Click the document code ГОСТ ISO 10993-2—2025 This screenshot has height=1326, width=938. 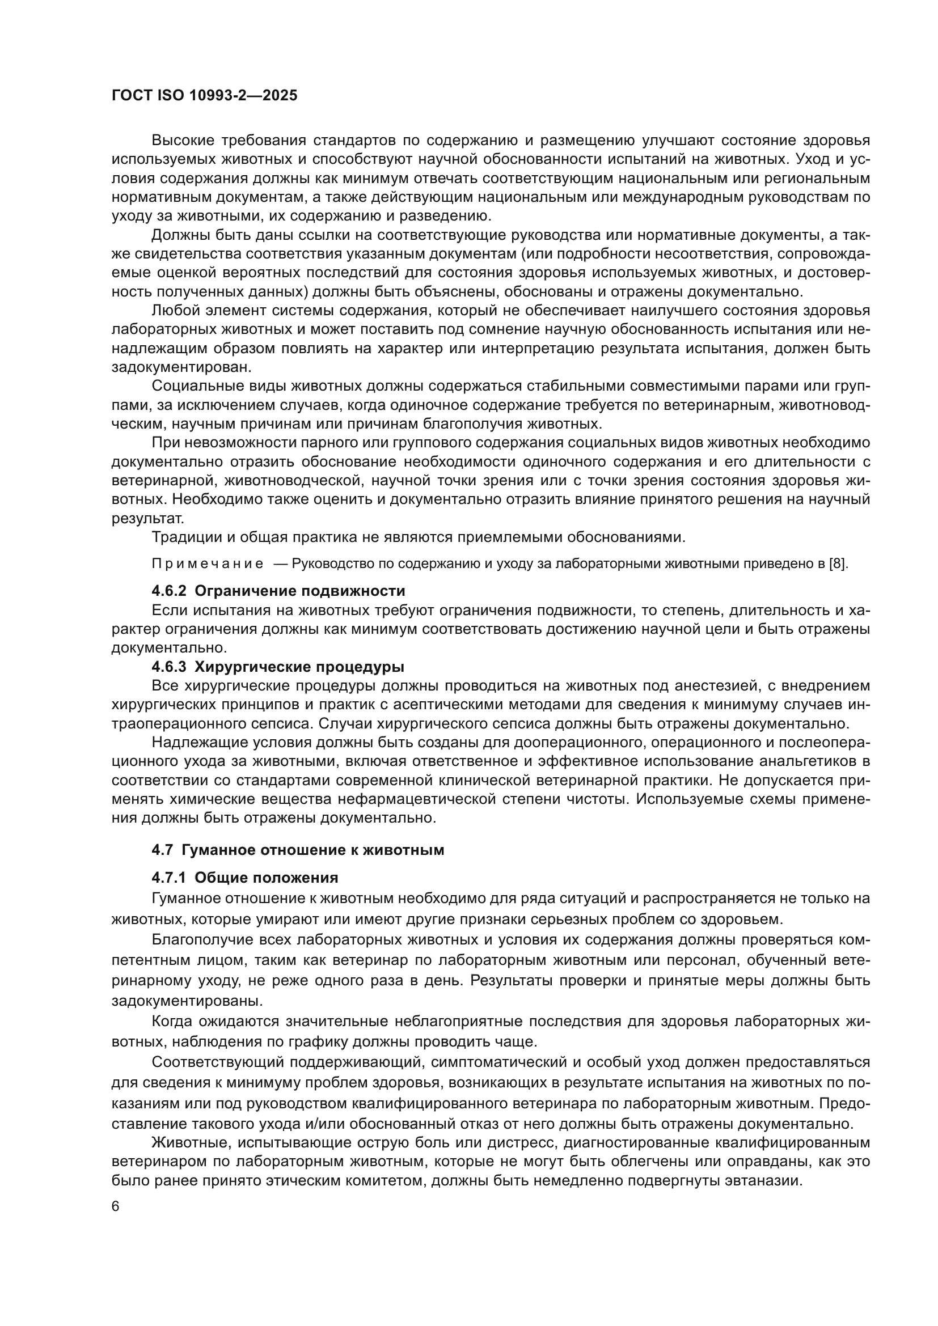click(205, 96)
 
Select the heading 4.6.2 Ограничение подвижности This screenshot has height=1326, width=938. click(278, 591)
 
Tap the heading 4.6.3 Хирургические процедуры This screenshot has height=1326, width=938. click(278, 667)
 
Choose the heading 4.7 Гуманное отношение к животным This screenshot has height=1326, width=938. click(298, 850)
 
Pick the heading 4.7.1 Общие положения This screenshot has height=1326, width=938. click(245, 878)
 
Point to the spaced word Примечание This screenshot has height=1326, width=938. click(208, 564)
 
